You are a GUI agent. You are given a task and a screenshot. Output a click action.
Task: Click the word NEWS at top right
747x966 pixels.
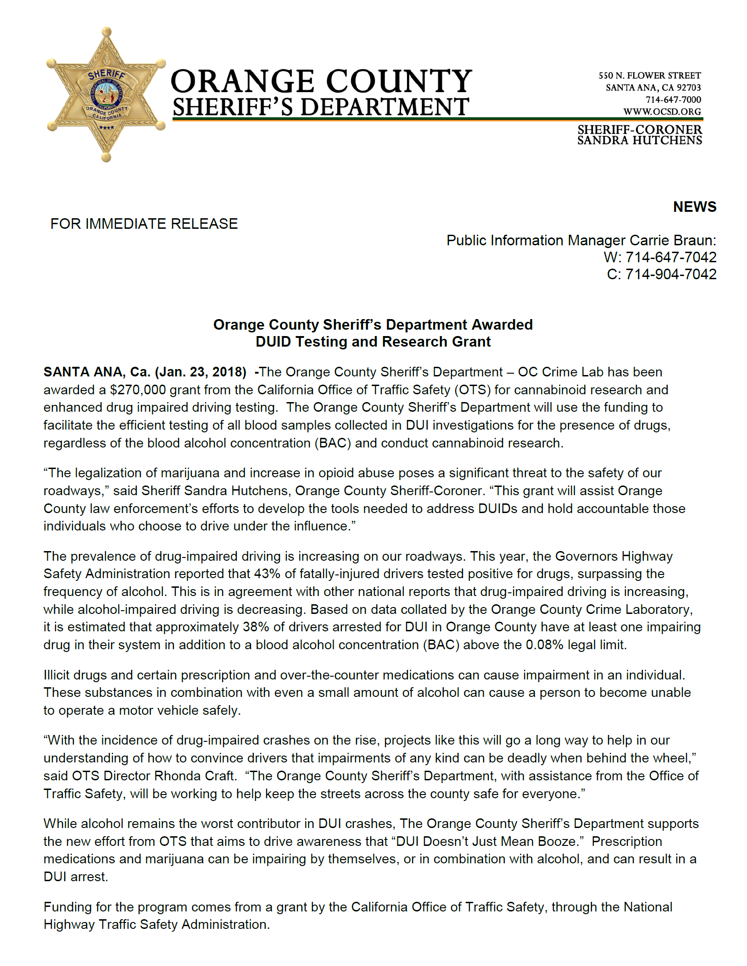pos(694,207)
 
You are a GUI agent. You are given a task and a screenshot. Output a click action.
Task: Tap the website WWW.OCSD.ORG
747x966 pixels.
pos(662,111)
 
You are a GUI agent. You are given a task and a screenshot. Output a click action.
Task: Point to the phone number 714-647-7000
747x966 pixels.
pos(673,99)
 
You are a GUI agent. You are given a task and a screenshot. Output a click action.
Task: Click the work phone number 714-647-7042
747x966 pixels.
pos(671,257)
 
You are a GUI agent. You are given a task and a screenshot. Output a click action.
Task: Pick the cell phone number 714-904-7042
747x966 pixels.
pos(671,274)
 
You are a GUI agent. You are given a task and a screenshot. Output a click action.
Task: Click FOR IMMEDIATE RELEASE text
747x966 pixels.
pos(144,224)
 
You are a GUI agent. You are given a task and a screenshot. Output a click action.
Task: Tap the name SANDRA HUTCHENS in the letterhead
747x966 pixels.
pos(639,140)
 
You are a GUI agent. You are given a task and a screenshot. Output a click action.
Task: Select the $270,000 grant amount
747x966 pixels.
pos(138,390)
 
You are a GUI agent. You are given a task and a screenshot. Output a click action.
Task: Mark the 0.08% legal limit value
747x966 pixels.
pos(544,645)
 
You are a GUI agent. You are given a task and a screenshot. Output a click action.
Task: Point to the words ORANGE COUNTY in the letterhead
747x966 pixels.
pos(321,82)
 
